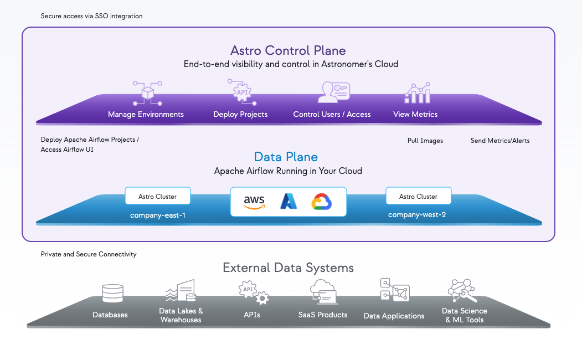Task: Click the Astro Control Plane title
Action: tap(288, 50)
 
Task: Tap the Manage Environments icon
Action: tap(147, 93)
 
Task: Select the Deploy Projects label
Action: tap(240, 114)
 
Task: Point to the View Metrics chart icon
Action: tap(417, 93)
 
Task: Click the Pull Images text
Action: tap(425, 141)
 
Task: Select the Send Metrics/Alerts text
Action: tap(499, 141)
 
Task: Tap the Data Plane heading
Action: tap(286, 157)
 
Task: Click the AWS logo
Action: tap(254, 202)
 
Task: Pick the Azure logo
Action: tap(289, 201)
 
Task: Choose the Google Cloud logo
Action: tap(321, 202)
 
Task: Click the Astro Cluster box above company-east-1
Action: tap(158, 196)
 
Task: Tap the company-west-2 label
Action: tap(417, 215)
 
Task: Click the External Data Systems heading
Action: tap(288, 268)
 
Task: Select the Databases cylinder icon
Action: tap(112, 294)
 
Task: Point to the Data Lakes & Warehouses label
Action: tap(181, 315)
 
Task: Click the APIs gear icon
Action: tap(253, 292)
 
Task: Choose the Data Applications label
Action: tap(394, 316)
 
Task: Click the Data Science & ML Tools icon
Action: tap(462, 291)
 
